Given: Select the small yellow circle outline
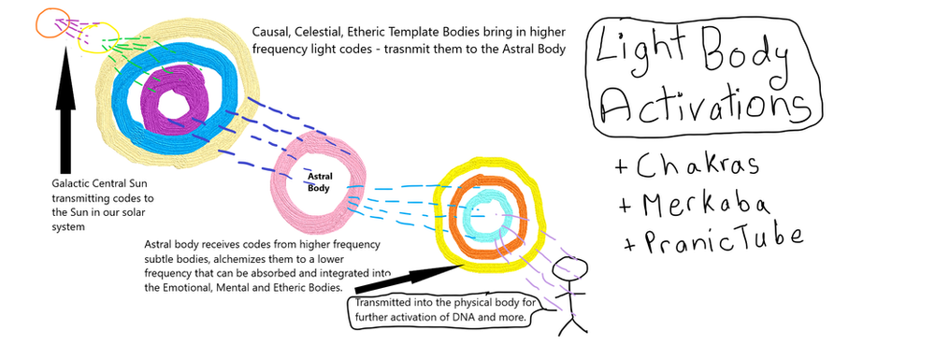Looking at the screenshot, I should pos(97,38).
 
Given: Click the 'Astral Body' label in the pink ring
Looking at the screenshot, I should pos(319,180).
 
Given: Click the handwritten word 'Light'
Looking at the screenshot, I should pos(644,53).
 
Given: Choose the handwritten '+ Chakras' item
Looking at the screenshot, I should pos(686,167).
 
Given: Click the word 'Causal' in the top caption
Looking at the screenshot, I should pos(272,30).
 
